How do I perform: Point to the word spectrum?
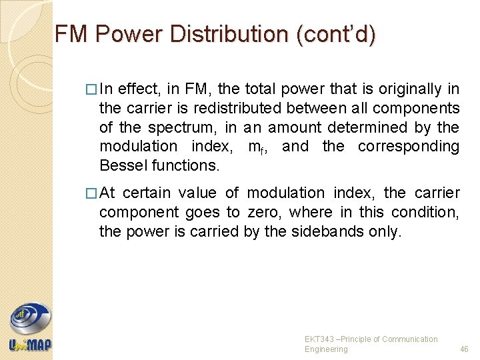click(x=179, y=127)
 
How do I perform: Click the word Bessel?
click(x=123, y=165)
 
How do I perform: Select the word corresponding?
click(x=409, y=146)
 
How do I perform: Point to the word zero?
click(x=263, y=213)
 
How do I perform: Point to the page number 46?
click(x=464, y=349)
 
